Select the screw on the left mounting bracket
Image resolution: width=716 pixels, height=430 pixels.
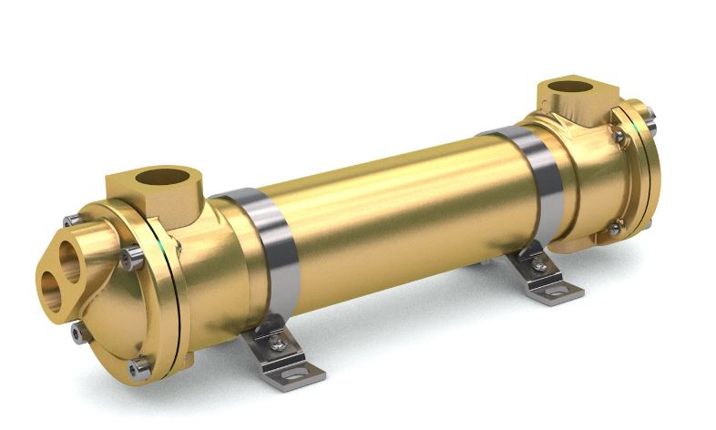pyautogui.click(x=276, y=343)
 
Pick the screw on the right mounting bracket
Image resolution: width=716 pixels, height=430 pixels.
pyautogui.click(x=539, y=265)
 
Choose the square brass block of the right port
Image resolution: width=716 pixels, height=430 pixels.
pyautogui.click(x=574, y=100)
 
